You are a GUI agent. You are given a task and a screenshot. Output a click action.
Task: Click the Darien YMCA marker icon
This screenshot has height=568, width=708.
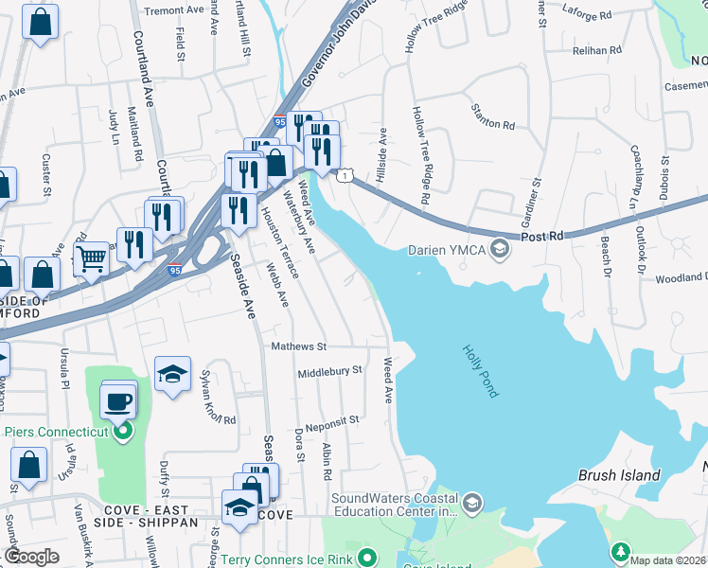(x=501, y=250)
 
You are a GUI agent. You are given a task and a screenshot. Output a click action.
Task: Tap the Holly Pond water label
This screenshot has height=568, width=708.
(x=480, y=369)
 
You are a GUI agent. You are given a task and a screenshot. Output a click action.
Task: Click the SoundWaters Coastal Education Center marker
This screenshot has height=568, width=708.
(x=474, y=502)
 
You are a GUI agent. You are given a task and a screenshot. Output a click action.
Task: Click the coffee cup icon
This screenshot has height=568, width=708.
(x=119, y=401)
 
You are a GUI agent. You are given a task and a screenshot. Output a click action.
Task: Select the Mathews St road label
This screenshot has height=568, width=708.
(x=298, y=347)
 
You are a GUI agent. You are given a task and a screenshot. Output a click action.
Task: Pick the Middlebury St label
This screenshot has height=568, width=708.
(x=330, y=371)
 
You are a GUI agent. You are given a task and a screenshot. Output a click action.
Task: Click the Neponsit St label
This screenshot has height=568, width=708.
(x=327, y=419)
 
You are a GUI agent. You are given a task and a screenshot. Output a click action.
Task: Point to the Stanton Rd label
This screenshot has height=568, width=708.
(x=494, y=125)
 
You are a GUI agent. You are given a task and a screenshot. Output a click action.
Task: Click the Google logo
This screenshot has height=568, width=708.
(x=31, y=557)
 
